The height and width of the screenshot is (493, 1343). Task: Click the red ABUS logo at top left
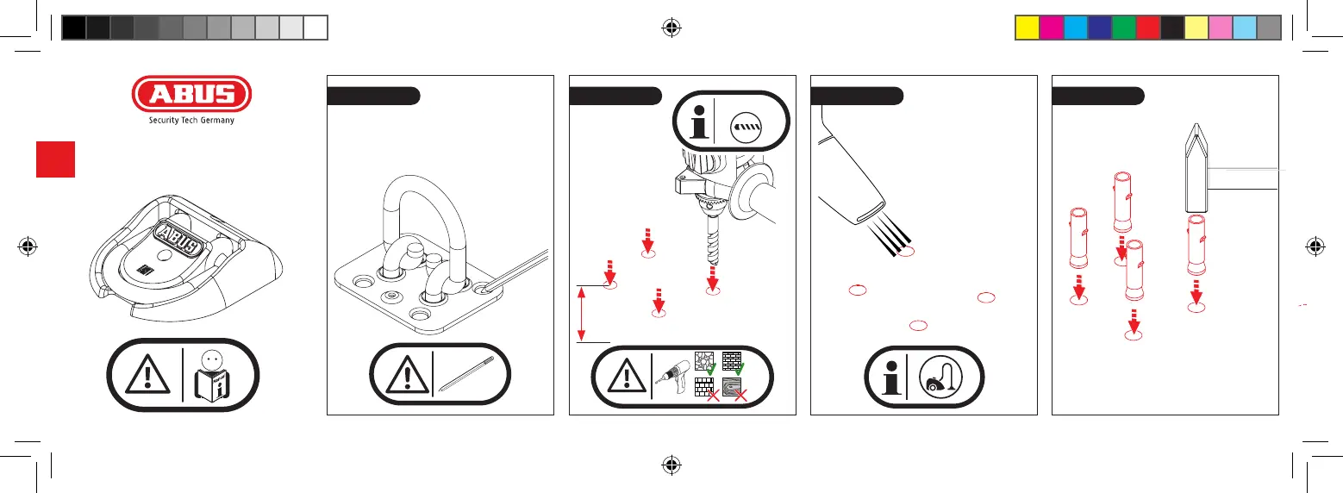[191, 95]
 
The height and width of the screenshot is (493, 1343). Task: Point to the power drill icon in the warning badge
[672, 377]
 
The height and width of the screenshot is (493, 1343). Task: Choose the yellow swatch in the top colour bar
[1025, 28]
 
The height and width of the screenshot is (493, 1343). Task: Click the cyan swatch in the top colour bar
[1074, 28]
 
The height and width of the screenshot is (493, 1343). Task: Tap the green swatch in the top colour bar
[1123, 28]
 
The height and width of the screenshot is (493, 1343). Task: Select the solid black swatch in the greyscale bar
[73, 28]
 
